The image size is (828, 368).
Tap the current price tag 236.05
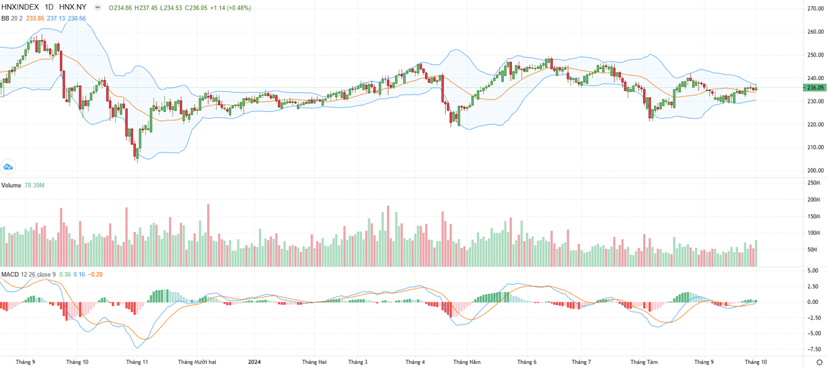tap(815, 88)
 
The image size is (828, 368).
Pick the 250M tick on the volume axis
tap(815, 183)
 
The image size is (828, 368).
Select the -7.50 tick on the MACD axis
tap(815, 350)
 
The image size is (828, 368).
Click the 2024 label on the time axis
tap(255, 362)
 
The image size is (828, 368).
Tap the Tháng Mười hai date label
tap(197, 362)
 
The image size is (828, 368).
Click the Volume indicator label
tap(11, 186)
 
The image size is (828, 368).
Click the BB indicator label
tap(6, 18)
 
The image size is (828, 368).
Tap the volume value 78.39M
tap(34, 186)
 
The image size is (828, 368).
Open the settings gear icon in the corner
tap(818, 362)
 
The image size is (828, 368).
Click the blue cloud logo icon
tap(8, 166)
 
